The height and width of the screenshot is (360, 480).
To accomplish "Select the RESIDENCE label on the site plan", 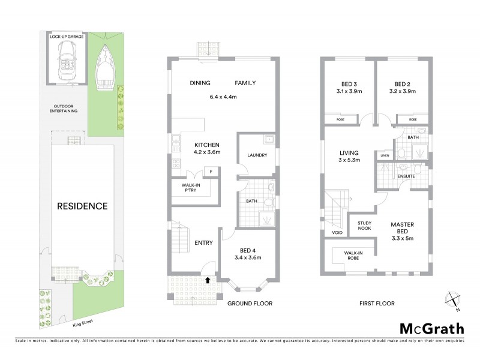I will (x=82, y=206).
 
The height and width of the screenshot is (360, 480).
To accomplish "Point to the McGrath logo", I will (x=431, y=328).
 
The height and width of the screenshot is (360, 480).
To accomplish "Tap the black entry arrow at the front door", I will (x=208, y=279).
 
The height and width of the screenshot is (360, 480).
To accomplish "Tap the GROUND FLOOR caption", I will (x=250, y=304).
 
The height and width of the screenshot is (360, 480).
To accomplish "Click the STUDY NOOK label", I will (x=364, y=225).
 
